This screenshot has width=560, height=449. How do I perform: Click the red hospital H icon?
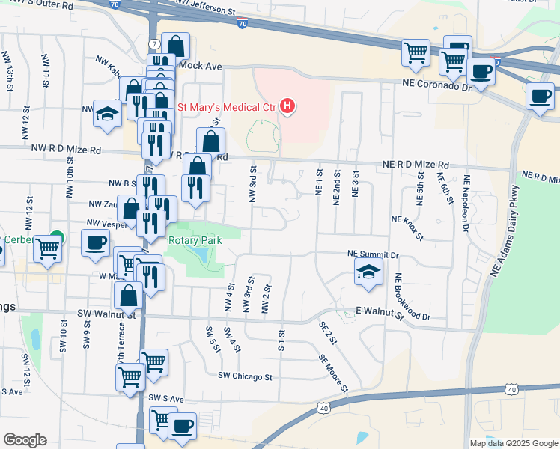(287, 107)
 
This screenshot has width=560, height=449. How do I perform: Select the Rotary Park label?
(195, 241)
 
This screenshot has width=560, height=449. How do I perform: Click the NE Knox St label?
(407, 227)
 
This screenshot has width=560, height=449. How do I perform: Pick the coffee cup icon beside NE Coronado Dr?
(481, 71)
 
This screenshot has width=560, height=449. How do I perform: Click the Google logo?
(25, 440)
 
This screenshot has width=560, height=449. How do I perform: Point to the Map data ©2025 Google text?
(513, 443)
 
